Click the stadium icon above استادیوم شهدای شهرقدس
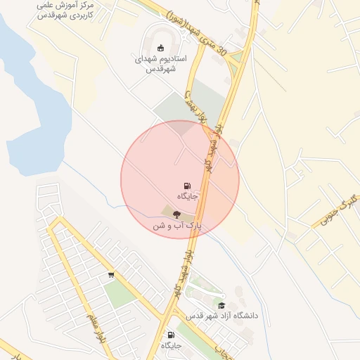160,48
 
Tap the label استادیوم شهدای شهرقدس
160,64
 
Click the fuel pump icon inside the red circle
186,186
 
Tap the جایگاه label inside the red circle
187,196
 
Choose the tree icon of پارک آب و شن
176,215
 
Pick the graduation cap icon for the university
222,305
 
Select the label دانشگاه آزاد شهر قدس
221,316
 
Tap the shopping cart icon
111,275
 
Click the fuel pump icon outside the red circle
171,335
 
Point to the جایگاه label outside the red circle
171,345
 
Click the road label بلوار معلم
91,328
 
